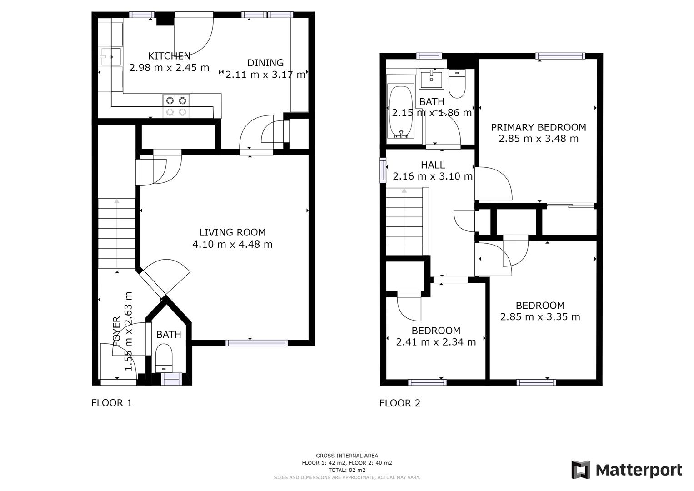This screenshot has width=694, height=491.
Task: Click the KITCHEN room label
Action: click(169, 56)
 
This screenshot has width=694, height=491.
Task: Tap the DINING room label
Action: click(265, 63)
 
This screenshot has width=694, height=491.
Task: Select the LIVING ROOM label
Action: click(232, 232)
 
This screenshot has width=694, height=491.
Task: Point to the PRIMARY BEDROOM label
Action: click(539, 127)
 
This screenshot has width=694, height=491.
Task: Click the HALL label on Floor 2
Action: click(433, 165)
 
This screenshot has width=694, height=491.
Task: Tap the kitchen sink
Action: click(110, 57)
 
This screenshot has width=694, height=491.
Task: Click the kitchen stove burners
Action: click(176, 106)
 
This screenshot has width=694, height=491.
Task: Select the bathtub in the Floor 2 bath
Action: click(400, 112)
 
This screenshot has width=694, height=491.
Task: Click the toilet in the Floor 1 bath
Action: click(164, 357)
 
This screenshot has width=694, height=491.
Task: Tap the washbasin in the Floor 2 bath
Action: click(431, 79)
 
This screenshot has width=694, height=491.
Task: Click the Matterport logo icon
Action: click(581, 470)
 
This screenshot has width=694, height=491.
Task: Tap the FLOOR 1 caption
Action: click(111, 403)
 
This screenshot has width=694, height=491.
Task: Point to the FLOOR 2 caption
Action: click(400, 403)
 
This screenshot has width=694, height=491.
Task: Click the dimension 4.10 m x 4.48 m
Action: click(232, 245)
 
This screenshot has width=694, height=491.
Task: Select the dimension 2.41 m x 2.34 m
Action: click(436, 342)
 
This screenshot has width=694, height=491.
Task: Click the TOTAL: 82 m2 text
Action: click(347, 470)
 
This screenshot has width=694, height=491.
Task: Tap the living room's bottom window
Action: click(257, 343)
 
